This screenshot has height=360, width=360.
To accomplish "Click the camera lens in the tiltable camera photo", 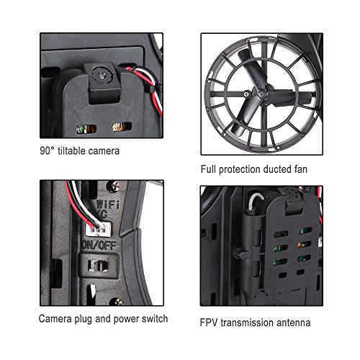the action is pyautogui.click(x=102, y=76).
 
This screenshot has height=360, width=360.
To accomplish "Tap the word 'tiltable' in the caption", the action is pyautogui.click(x=71, y=151).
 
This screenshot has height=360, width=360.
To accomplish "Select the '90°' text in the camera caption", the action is pyautogui.click(x=47, y=151).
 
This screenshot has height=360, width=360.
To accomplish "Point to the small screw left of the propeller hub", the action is pyautogui.click(x=246, y=94).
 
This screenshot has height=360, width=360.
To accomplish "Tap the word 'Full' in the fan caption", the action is pyautogui.click(x=208, y=169).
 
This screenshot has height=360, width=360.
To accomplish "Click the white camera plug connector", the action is pyautogui.click(x=99, y=229).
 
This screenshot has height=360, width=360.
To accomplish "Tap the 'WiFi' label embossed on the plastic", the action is pyautogui.click(x=108, y=204).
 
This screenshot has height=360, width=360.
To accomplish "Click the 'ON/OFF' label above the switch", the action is pyautogui.click(x=99, y=245).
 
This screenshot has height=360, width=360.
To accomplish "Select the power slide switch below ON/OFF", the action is pyautogui.click(x=99, y=266).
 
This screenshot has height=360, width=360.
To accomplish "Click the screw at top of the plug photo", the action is pyautogui.click(x=114, y=185).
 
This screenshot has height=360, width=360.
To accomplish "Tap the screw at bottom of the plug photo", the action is pyautogui.click(x=116, y=302).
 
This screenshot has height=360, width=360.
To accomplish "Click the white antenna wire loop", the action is pyautogui.click(x=256, y=200).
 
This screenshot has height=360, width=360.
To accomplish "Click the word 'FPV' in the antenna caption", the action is pyautogui.click(x=209, y=323).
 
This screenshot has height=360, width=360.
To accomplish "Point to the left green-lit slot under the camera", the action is pyautogui.click(x=86, y=129).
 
